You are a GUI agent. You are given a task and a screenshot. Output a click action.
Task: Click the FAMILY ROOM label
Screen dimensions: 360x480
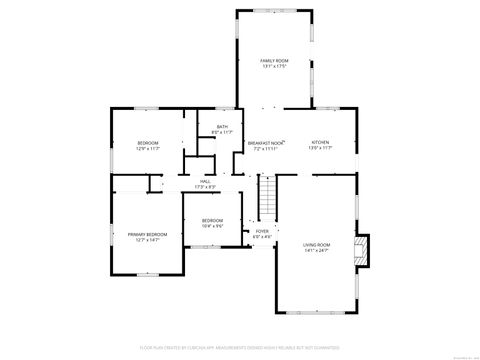[x=274, y=61]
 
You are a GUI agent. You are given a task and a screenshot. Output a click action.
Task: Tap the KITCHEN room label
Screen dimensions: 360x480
[x=320, y=142]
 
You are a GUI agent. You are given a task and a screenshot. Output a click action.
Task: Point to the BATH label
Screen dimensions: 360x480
[x=222, y=126]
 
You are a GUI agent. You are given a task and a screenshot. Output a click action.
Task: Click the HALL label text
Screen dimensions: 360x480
[x=205, y=181]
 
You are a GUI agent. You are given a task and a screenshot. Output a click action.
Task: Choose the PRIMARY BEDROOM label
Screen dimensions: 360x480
[x=147, y=234]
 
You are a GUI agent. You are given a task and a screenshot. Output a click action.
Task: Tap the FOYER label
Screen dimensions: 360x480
[x=262, y=231]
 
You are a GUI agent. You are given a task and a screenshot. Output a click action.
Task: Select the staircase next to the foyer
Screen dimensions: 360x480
[x=266, y=198]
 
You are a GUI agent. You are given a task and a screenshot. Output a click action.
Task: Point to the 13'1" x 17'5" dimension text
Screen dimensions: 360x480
[x=274, y=67]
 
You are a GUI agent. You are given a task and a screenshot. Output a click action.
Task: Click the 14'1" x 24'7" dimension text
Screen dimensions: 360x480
[x=317, y=251]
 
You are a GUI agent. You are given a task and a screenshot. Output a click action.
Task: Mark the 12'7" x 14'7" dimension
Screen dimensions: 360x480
[x=147, y=240]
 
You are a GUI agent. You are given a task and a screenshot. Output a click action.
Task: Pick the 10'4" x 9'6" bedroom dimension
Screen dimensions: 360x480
[x=212, y=226]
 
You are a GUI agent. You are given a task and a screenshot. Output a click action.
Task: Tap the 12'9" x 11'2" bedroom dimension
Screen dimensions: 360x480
[x=148, y=149]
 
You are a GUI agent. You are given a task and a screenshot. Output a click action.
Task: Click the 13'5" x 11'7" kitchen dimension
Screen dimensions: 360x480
[x=320, y=148]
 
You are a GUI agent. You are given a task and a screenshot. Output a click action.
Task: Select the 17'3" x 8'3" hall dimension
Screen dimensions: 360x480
[x=205, y=187]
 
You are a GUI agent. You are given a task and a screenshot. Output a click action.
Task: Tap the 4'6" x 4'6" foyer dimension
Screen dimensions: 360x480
[x=262, y=237]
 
